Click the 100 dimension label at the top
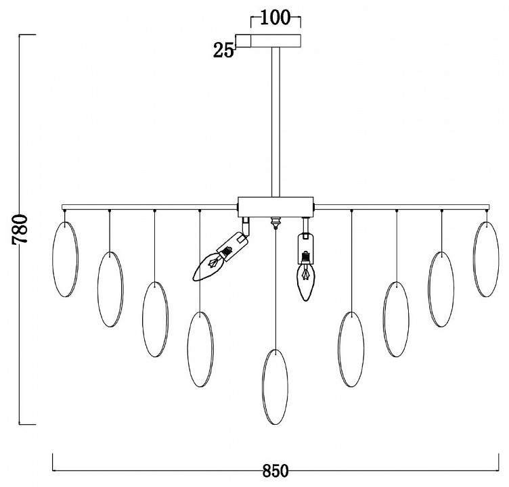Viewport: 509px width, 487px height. [275, 18]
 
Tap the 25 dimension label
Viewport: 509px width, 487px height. [223, 51]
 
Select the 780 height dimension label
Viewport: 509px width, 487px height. [20, 229]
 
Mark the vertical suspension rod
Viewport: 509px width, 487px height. [275, 122]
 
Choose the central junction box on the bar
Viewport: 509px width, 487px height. [275, 207]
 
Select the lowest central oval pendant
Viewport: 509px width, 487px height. [275, 387]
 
